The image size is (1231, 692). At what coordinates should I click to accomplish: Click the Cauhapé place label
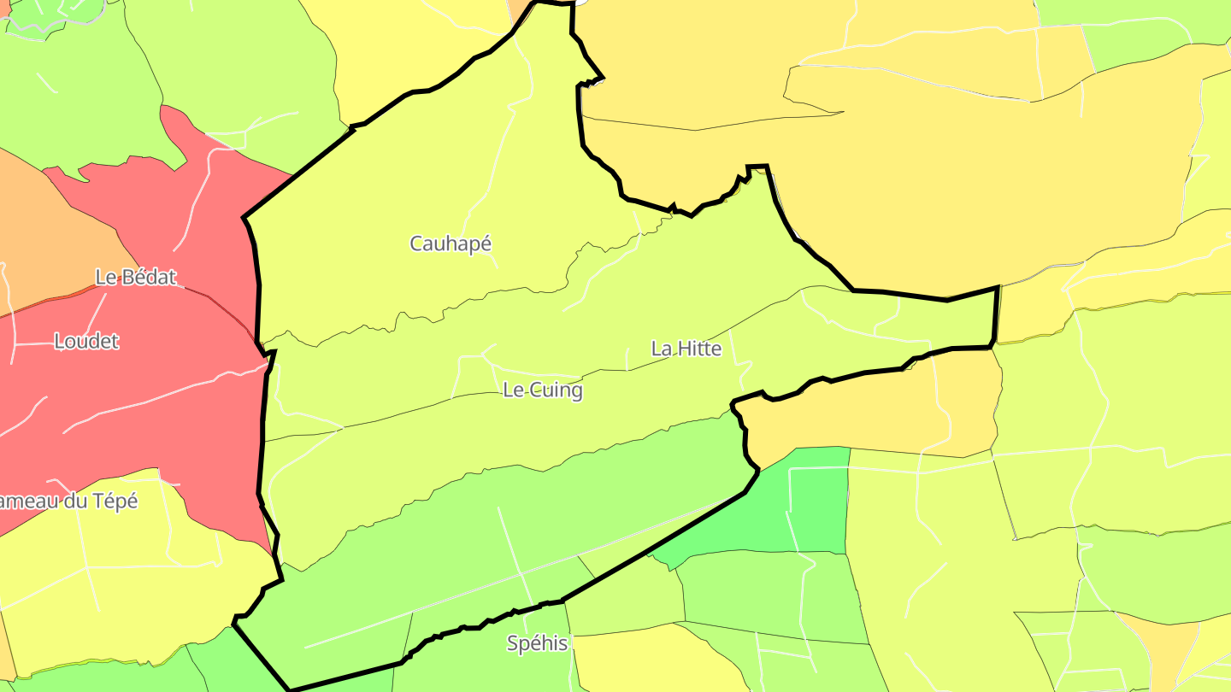451,243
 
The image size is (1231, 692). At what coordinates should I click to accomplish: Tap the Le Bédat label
136,277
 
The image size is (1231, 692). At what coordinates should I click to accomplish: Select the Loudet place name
86,342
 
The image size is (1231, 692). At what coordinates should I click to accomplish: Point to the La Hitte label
686,349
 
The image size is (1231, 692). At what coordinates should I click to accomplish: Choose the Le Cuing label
543,390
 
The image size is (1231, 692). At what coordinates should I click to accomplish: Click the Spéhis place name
538,643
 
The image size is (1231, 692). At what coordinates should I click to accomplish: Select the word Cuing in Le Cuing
556,390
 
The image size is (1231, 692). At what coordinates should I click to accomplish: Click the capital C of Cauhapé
416,243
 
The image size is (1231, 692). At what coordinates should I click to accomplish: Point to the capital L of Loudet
59,342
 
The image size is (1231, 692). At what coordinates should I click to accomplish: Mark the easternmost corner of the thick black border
998,288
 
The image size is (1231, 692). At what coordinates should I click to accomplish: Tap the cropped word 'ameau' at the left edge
30,501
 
